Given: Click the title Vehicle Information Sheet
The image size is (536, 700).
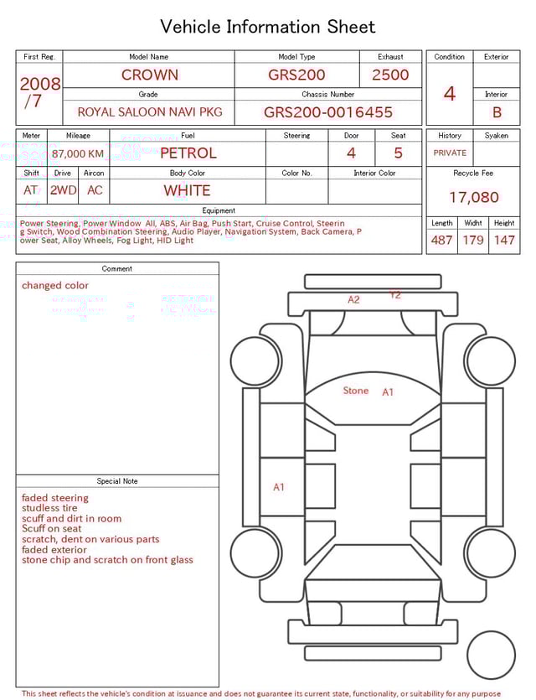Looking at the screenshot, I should [x=267, y=27].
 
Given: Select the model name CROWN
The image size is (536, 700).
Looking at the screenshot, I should [x=149, y=75].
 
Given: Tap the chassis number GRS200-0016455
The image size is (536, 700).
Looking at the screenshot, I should [x=327, y=111].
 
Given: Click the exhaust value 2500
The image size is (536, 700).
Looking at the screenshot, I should [x=390, y=75].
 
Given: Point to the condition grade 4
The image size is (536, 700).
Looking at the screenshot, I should [x=449, y=94].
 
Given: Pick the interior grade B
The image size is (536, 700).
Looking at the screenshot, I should [x=497, y=111].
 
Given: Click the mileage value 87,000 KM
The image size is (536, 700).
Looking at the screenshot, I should [x=78, y=153].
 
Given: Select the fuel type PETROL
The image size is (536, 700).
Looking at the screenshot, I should [x=188, y=153].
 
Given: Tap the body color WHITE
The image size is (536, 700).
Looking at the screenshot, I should [x=187, y=190].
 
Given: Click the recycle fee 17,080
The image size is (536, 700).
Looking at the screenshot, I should [x=473, y=198].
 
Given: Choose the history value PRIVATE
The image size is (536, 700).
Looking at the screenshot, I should [x=450, y=153].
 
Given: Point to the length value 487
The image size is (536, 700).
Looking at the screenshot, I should [x=441, y=240].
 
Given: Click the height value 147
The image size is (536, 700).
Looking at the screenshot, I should [x=504, y=240].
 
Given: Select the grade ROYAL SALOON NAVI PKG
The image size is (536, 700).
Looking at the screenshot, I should [x=150, y=111].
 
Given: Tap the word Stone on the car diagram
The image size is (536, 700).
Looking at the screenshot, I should [x=355, y=391].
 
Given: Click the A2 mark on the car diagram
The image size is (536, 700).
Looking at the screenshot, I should [x=353, y=299].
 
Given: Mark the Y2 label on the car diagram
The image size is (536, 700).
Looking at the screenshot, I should [x=394, y=294].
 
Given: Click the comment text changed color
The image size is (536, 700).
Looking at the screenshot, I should [x=54, y=285].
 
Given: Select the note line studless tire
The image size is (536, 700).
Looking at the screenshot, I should [x=49, y=508].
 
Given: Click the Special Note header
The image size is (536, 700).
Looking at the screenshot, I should [x=117, y=481].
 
